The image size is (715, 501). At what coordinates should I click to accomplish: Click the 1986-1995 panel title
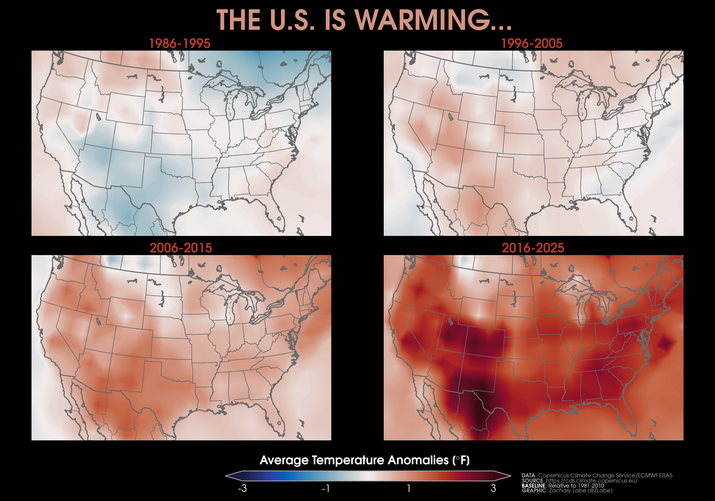coord(180,44)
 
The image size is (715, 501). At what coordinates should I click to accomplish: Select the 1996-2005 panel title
coord(532,44)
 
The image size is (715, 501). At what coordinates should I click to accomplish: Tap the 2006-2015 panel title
coord(181,248)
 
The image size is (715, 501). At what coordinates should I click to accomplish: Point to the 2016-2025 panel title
coord(533,248)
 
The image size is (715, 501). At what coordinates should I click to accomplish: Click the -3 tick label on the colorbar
coord(242,488)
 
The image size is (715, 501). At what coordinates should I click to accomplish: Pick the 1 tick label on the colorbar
coord(409,488)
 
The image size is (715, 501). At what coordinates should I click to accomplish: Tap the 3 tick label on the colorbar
coord(493,488)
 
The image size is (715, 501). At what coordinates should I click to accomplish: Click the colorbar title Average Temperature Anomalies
coord(364,460)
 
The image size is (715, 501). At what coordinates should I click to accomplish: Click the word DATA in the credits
coord(528,475)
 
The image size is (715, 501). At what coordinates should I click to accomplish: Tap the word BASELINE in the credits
coord(534,486)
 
